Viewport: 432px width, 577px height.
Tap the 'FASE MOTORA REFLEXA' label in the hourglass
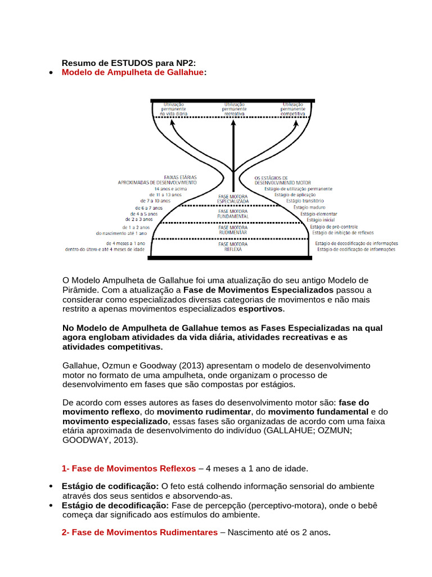pyautogui.click(x=233, y=246)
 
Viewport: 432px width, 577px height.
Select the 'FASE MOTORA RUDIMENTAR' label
pyautogui.click(x=233, y=230)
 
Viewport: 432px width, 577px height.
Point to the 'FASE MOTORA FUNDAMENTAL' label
pyautogui.click(x=233, y=214)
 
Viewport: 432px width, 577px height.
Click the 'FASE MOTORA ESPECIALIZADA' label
pyautogui.click(x=233, y=198)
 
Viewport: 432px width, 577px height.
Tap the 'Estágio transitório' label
pyautogui.click(x=305, y=201)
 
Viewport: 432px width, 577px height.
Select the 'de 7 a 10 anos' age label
pyautogui.click(x=155, y=201)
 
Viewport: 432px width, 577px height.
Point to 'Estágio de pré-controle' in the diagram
pyautogui.click(x=334, y=227)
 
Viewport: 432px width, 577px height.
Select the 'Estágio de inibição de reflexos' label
pyautogui.click(x=342, y=232)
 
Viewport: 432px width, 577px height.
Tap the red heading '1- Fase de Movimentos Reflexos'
pyautogui.click(x=129, y=468)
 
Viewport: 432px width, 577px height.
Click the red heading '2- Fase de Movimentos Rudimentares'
pyautogui.click(x=139, y=532)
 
